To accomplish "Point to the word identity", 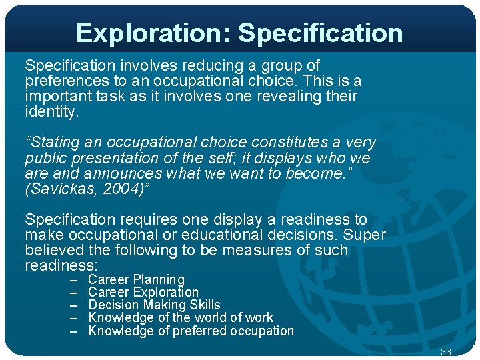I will point(51,111).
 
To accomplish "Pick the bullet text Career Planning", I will point(136,279).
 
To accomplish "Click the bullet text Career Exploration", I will point(143,292).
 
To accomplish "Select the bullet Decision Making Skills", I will point(154,305).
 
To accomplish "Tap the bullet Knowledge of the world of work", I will point(181,317).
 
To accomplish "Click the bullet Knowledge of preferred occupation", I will point(191,331).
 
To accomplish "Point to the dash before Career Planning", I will point(75,279).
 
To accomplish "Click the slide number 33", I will point(446,352).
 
